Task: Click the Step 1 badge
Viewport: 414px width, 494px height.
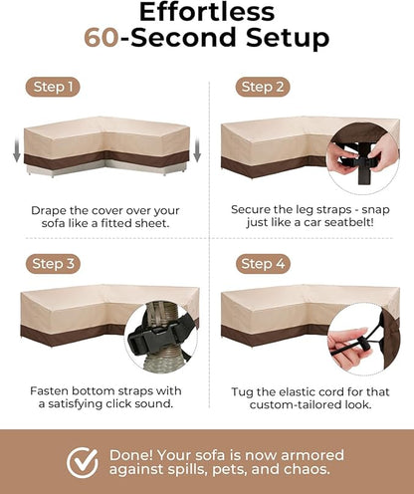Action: (53, 87)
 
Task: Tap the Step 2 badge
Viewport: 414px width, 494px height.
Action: (263, 87)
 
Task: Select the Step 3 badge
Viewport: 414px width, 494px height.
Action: (53, 264)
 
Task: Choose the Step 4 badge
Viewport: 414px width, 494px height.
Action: (263, 264)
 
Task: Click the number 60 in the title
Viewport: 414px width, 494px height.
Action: (102, 37)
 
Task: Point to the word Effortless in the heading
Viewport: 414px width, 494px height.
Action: (207, 12)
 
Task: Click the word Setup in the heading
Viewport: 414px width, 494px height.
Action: (288, 38)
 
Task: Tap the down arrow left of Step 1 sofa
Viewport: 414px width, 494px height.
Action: (17, 150)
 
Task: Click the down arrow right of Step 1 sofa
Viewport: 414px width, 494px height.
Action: (197, 150)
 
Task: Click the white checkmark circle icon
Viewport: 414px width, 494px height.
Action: (83, 462)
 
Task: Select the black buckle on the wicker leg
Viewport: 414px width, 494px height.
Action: (155, 336)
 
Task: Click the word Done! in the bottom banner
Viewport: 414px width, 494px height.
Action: (131, 455)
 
